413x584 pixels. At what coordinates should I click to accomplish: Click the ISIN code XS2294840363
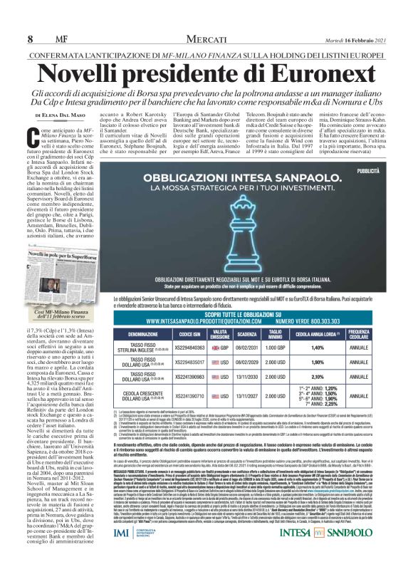point(186,347)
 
